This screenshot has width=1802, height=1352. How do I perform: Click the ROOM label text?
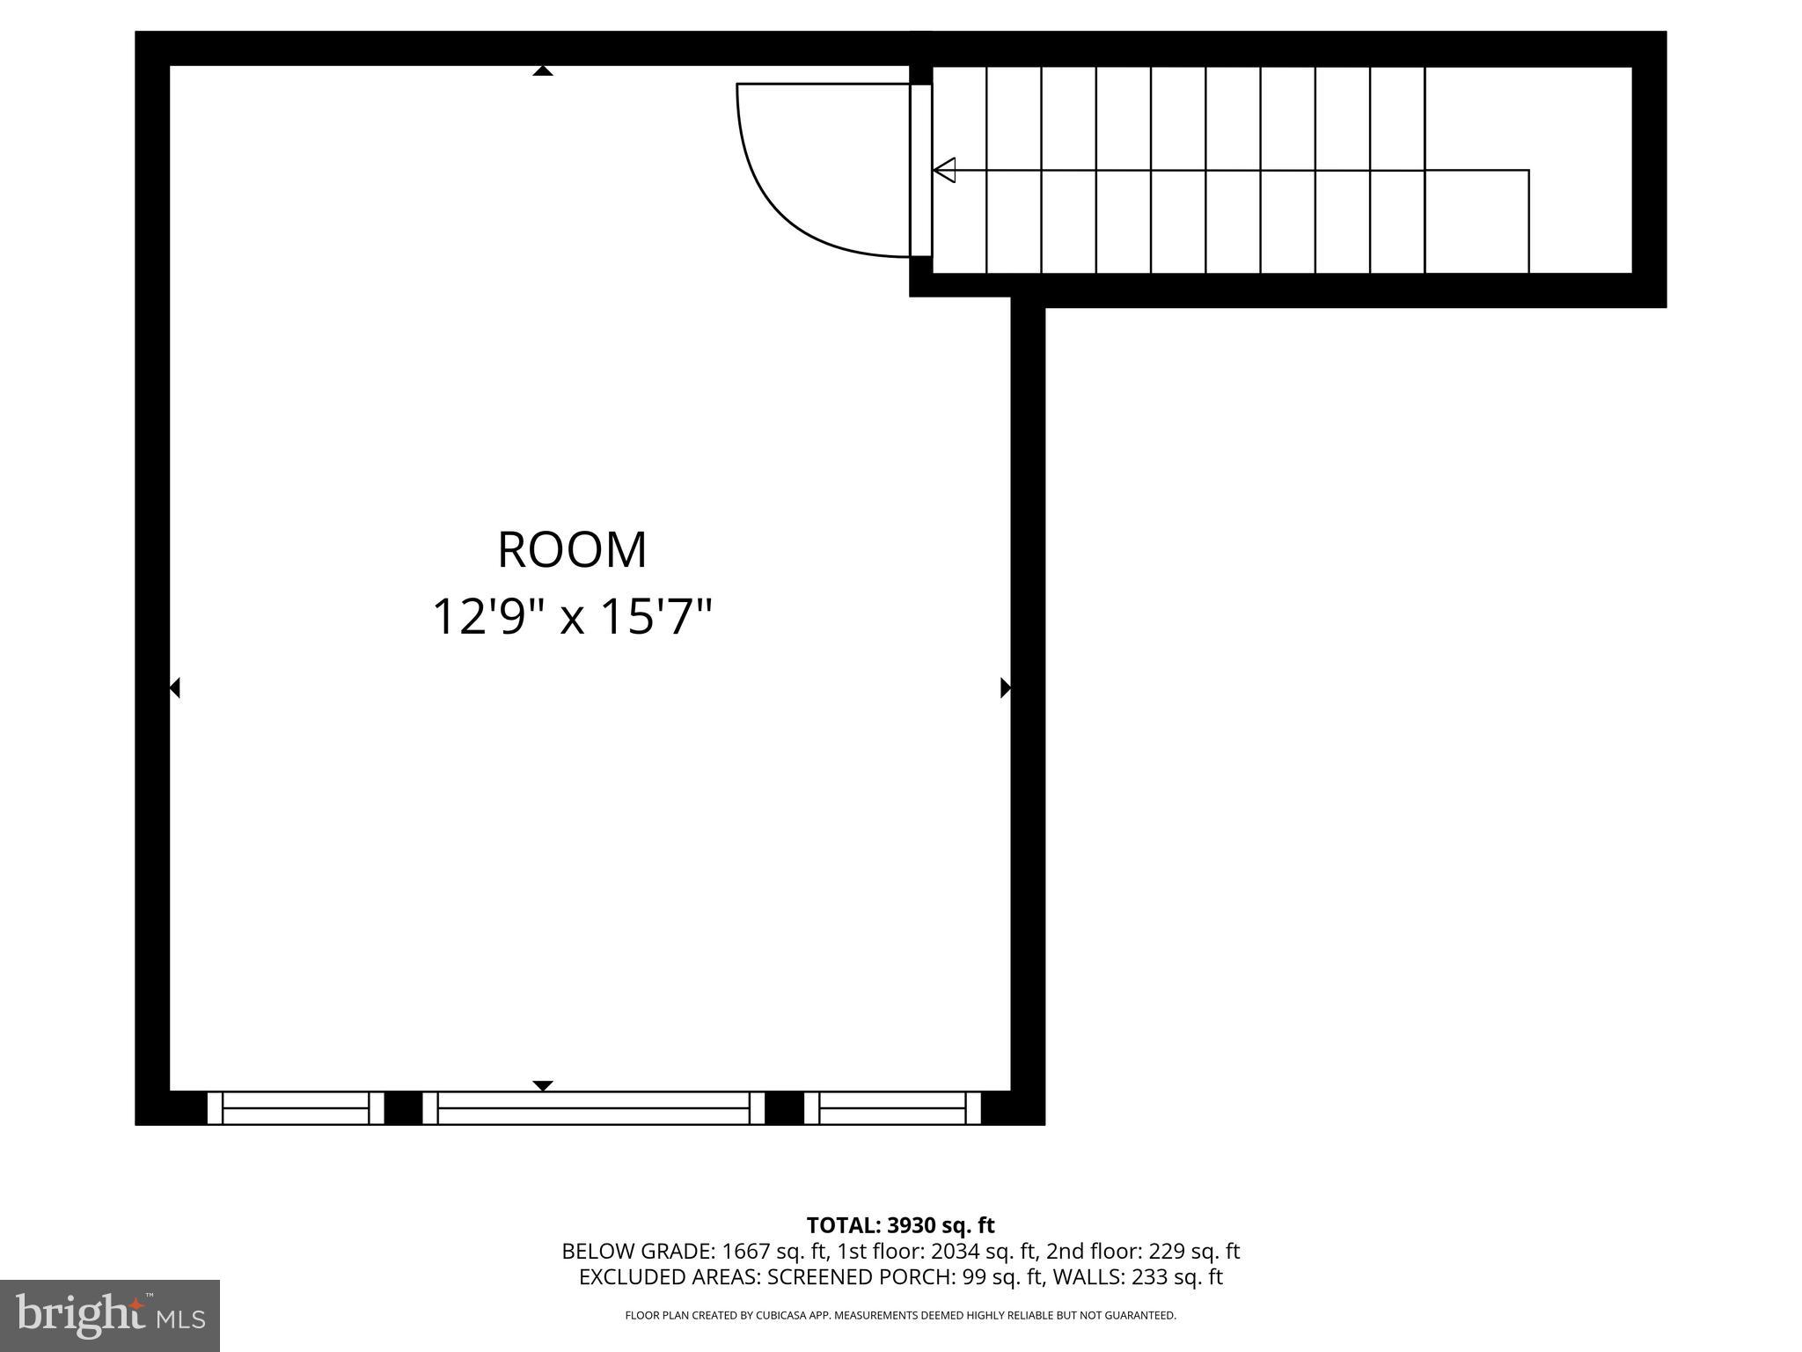572,550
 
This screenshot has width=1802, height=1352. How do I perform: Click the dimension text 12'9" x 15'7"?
572,617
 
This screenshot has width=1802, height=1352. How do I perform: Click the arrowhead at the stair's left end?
944,170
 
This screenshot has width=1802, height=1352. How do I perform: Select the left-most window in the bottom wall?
296,1108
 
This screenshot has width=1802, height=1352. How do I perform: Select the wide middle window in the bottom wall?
594,1108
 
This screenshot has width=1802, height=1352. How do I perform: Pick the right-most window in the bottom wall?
892,1108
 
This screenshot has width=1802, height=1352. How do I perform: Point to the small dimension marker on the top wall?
543,71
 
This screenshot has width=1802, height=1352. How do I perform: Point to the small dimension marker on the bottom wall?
543,1085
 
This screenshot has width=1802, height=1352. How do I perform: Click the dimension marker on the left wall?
174,687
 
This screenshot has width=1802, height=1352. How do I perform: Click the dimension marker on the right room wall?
1005,687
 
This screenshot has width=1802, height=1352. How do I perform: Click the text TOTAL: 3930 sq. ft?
900,1225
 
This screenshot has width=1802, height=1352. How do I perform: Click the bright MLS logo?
110,1315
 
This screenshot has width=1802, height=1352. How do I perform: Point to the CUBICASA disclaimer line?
900,1316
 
